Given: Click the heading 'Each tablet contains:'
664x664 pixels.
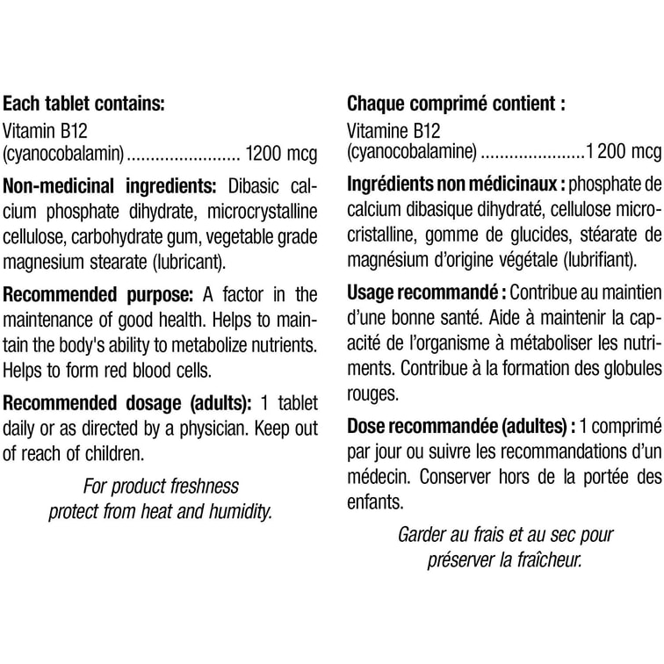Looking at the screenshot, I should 83,103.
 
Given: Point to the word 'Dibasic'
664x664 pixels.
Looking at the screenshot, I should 254,187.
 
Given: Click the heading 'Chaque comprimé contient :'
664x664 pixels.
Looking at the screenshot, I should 457,103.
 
